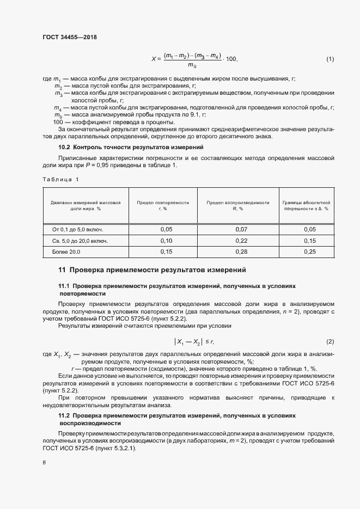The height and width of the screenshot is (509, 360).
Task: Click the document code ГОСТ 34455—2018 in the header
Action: (69, 37)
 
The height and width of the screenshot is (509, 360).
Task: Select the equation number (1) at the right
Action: (330, 59)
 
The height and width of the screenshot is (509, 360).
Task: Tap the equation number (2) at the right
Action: (330, 341)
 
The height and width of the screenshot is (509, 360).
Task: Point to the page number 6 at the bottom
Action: (44, 462)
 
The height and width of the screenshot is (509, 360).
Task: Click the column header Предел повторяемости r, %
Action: (163, 205)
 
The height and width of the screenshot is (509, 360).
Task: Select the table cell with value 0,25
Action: (309, 252)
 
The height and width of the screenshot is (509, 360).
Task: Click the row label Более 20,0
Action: (65, 252)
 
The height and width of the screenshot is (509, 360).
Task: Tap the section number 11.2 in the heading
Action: (65, 415)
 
